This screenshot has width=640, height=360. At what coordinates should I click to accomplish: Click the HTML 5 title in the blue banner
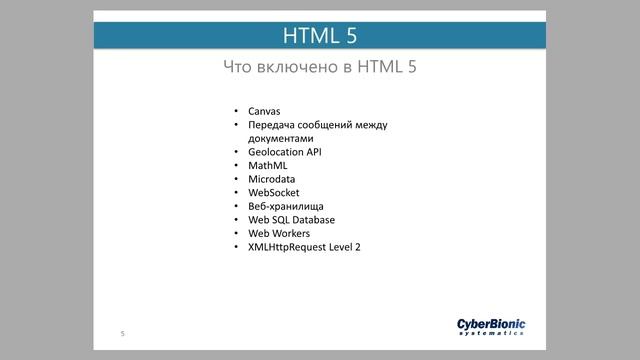click(x=320, y=36)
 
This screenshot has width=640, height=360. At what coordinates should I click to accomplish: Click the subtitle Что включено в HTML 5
click(x=320, y=68)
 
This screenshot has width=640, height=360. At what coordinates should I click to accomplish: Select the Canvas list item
click(x=265, y=111)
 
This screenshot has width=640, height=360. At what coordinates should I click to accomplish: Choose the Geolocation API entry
click(x=285, y=152)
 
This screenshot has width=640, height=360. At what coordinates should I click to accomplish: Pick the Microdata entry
click(x=272, y=179)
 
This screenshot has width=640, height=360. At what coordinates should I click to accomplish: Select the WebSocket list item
click(x=274, y=192)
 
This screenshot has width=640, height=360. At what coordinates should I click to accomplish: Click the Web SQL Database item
click(x=291, y=219)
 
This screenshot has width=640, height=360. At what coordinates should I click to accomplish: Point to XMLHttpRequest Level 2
click(x=304, y=246)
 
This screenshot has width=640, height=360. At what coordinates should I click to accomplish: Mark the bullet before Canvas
click(x=236, y=111)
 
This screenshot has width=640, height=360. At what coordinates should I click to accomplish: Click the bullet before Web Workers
click(x=236, y=233)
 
